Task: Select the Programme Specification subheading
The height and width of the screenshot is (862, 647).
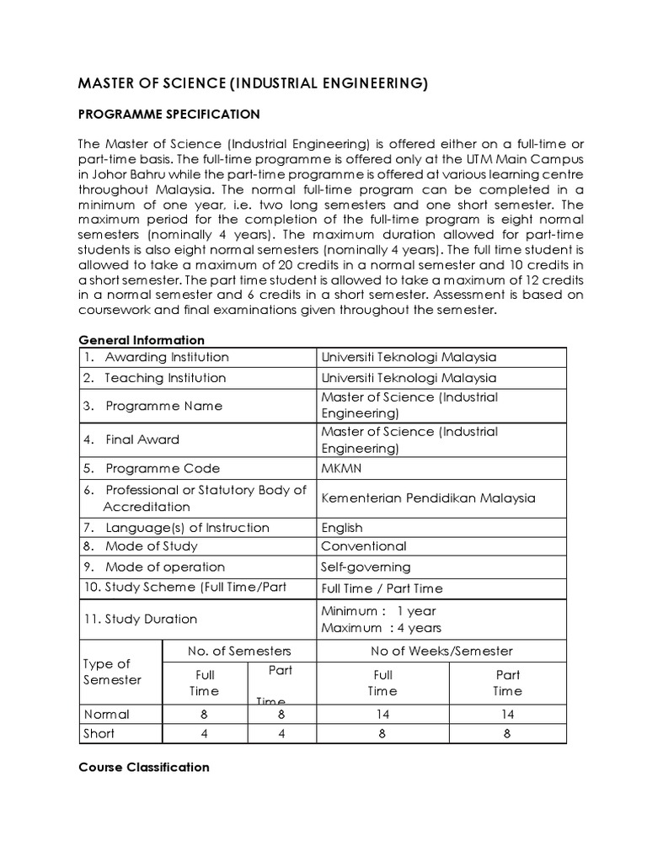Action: (168, 114)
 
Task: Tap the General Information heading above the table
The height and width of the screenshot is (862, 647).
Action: (142, 340)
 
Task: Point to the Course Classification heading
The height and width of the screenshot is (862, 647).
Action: (144, 767)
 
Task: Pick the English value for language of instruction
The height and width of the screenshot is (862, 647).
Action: (342, 528)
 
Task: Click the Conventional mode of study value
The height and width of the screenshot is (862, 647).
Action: (364, 546)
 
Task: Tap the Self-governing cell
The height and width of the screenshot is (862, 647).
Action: (366, 567)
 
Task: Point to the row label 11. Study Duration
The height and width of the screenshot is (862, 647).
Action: (140, 619)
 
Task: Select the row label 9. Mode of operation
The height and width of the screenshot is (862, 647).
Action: (153, 567)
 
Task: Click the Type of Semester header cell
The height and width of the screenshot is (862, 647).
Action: (111, 672)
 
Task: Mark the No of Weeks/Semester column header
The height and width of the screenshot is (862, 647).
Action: (441, 651)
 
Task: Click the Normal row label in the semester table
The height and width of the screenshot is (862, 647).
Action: (107, 714)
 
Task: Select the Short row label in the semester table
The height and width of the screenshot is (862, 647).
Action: (100, 733)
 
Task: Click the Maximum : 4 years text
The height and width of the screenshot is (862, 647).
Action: (381, 628)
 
